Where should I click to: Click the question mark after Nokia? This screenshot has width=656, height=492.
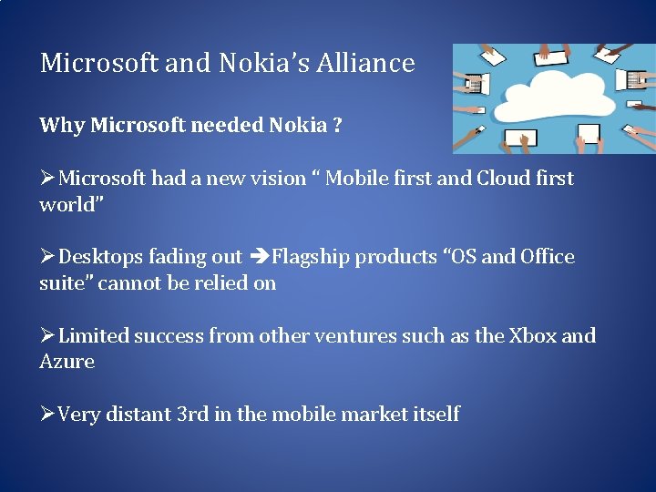point(337,126)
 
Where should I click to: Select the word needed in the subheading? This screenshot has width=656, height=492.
point(227,126)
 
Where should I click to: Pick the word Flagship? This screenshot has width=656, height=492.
point(311,258)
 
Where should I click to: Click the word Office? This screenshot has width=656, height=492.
point(548,258)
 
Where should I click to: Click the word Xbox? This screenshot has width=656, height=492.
point(532,336)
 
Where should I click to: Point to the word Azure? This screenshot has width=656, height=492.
point(67,362)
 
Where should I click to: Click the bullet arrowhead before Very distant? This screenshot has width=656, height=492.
point(47,415)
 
